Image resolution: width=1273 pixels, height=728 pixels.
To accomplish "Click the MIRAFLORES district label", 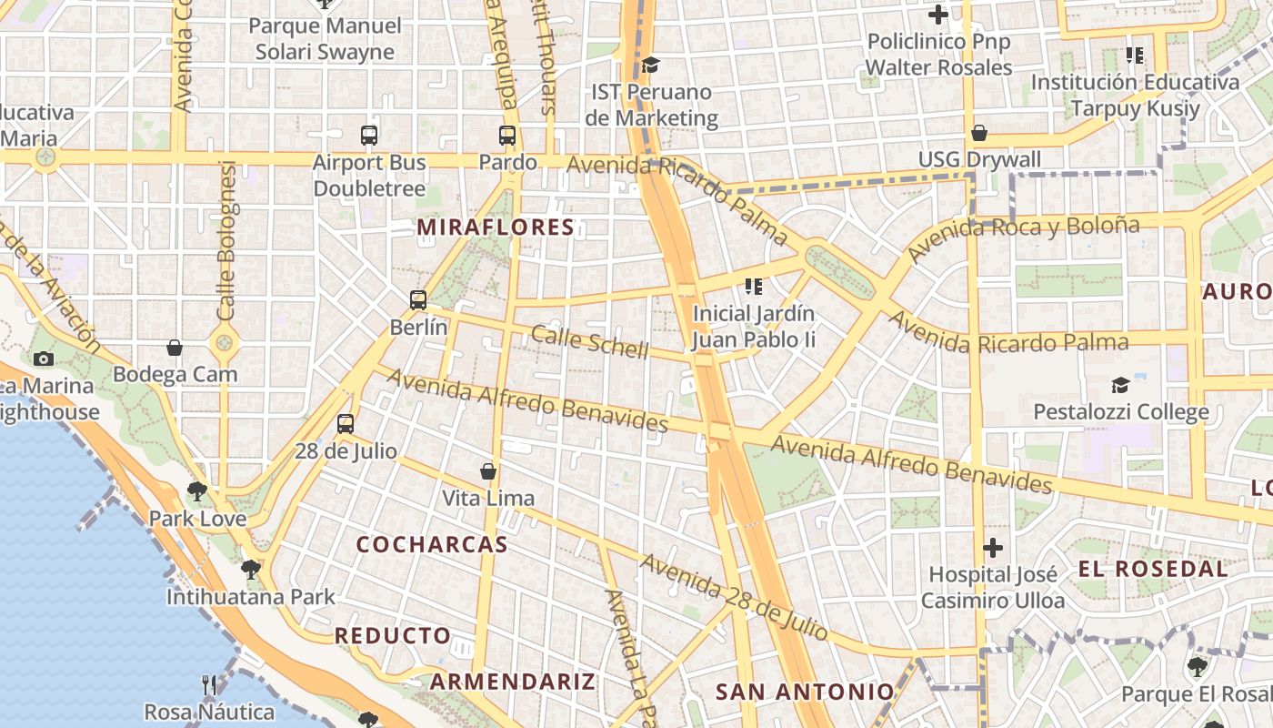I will click(496, 227).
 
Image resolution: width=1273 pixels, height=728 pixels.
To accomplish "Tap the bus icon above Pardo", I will click(507, 136).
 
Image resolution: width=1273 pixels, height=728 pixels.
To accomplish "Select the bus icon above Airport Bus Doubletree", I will click(368, 136).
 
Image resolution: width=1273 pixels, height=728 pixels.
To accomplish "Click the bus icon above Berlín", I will click(418, 299).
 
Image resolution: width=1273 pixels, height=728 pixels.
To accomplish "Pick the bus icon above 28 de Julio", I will click(345, 423).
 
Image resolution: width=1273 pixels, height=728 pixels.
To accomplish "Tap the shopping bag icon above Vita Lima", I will click(488, 471).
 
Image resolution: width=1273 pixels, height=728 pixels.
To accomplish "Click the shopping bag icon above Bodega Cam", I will click(175, 348).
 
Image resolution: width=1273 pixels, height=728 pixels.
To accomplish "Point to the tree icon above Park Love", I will click(196, 491).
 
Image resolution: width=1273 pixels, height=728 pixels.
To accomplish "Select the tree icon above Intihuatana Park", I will click(250, 570).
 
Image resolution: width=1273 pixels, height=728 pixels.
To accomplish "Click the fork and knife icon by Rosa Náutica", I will click(209, 684).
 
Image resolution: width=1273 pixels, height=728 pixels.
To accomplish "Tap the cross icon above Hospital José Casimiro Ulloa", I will click(992, 548).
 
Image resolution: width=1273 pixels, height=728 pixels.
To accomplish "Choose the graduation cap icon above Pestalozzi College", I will click(1120, 385).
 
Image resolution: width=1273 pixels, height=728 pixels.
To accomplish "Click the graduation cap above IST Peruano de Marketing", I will click(650, 66).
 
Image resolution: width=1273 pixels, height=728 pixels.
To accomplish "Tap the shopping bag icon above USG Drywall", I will click(979, 133).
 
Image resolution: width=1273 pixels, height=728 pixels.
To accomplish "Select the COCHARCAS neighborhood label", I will click(432, 544).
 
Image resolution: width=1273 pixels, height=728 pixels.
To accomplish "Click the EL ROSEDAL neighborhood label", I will click(1153, 570).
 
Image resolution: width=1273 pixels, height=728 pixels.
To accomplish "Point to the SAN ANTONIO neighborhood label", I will click(805, 692).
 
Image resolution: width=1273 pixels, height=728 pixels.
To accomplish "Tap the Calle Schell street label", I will click(589, 342).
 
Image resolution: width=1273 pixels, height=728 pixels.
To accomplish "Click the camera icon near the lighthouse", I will click(43, 359).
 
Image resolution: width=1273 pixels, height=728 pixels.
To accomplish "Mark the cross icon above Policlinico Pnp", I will click(937, 15).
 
